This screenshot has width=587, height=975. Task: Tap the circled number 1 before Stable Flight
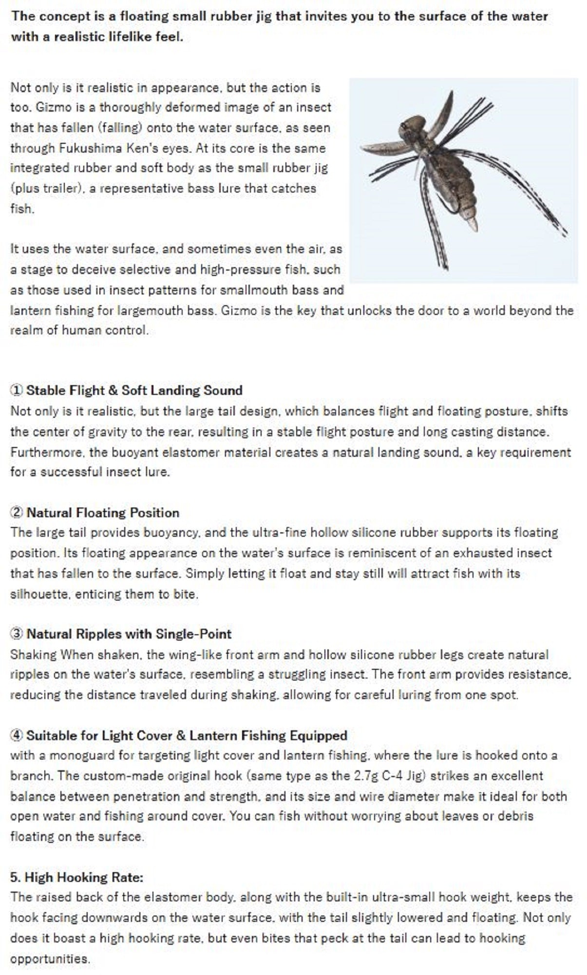(x=17, y=390)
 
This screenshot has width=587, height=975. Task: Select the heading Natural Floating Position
(x=103, y=512)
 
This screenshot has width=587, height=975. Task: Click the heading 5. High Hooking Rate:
(x=76, y=877)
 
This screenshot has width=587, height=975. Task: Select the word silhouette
(x=37, y=594)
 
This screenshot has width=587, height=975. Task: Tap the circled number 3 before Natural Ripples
(x=17, y=634)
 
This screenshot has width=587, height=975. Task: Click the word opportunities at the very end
(x=50, y=958)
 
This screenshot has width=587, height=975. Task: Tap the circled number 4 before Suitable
(x=17, y=735)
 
